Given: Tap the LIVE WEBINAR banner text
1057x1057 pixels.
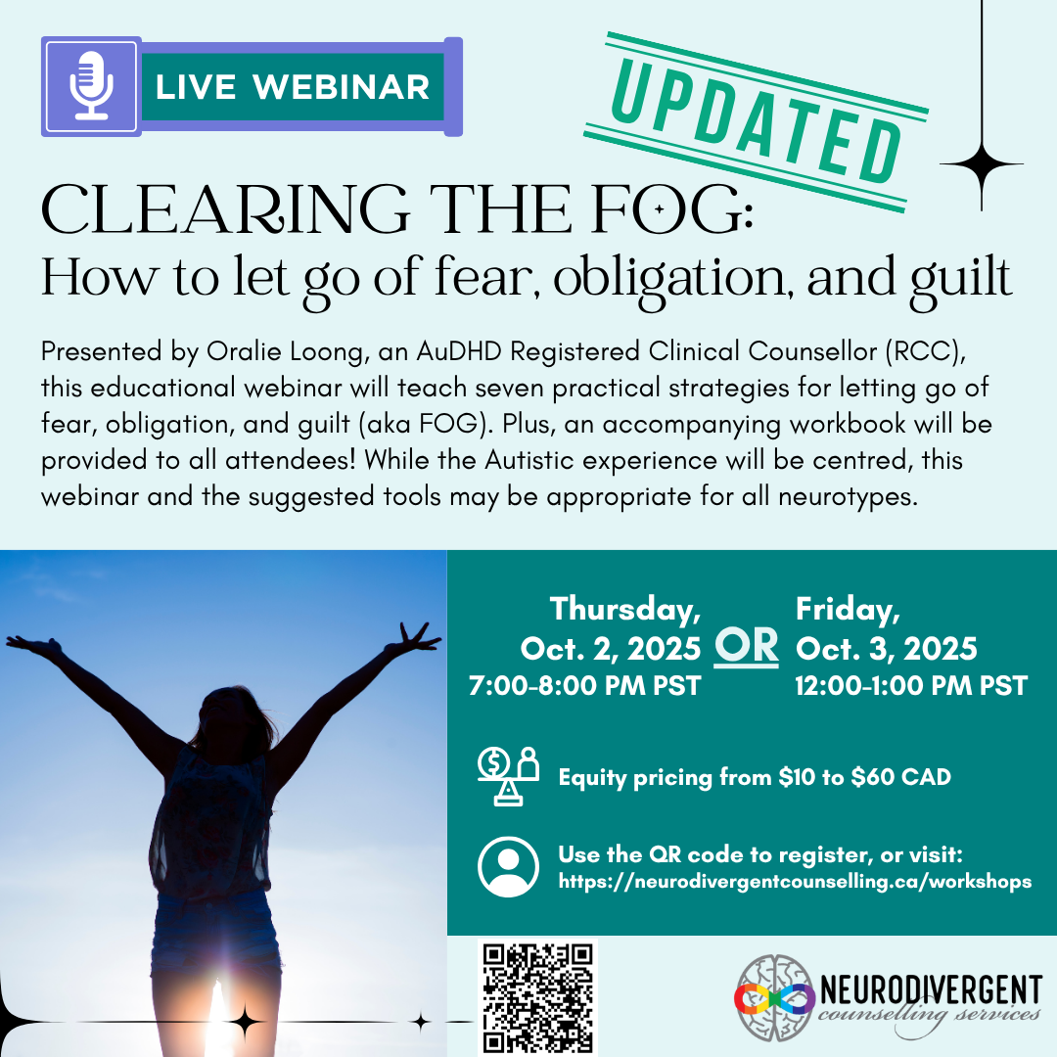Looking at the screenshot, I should [x=292, y=87].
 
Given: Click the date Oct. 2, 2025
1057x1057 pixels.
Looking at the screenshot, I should [x=611, y=648].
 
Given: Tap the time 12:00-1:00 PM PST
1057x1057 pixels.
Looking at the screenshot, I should [x=911, y=685].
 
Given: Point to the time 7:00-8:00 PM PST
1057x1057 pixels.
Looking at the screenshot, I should [x=585, y=685].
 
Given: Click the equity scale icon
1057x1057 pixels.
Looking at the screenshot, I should [x=508, y=776].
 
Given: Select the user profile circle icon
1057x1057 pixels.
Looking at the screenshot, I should [x=508, y=866].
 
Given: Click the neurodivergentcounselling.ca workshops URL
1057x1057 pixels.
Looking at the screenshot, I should [x=795, y=881].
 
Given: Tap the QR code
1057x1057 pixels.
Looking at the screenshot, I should [x=537, y=997].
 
